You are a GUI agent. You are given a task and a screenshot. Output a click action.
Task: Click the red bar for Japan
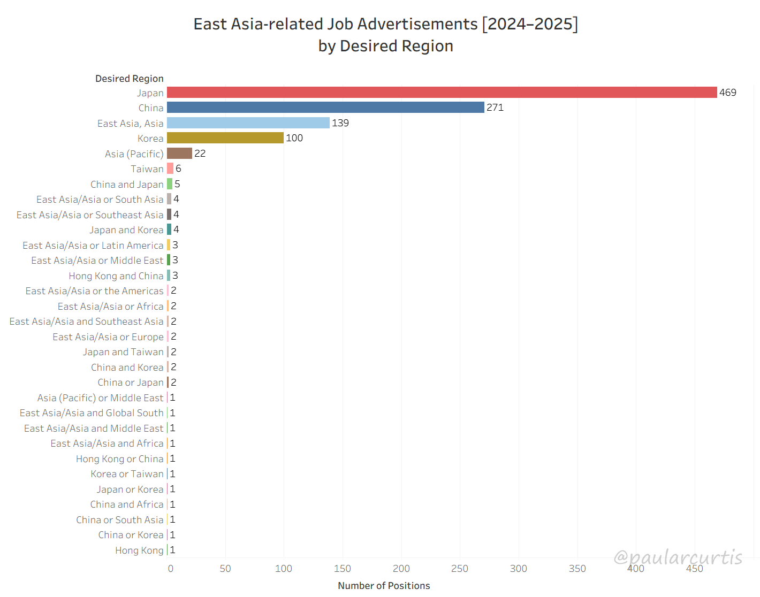coord(442,93)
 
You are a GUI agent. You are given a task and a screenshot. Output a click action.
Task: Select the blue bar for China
coord(325,108)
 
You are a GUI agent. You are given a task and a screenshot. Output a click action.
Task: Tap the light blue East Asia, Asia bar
coord(248,123)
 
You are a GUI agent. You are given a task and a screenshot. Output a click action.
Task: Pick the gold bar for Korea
coord(225,138)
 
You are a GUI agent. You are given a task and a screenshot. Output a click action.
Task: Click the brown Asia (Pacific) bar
coord(179,154)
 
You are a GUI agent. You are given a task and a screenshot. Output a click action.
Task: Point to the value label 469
coord(727,93)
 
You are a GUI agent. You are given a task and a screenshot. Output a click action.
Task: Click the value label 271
coord(495,108)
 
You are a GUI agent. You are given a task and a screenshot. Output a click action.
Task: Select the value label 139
coord(340,123)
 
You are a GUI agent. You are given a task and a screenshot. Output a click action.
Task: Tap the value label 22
coord(200,154)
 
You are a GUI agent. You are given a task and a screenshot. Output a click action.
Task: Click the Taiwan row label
coord(147,169)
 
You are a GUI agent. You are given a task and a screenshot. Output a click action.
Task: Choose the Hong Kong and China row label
coord(116,276)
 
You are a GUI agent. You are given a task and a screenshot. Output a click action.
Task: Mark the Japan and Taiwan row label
coord(123,352)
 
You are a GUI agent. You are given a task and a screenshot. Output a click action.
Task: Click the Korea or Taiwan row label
coord(127,474)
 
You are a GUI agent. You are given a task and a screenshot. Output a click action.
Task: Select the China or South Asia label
coord(119,520)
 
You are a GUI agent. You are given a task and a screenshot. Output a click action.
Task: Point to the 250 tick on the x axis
coord(459,569)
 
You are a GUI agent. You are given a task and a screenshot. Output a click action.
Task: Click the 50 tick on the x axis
coord(225,569)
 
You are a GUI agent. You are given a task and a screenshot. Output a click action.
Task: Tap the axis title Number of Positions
coord(384,586)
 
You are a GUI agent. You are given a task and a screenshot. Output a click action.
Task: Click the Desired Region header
coord(130,79)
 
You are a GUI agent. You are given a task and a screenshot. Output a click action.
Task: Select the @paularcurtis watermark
coord(678,557)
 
